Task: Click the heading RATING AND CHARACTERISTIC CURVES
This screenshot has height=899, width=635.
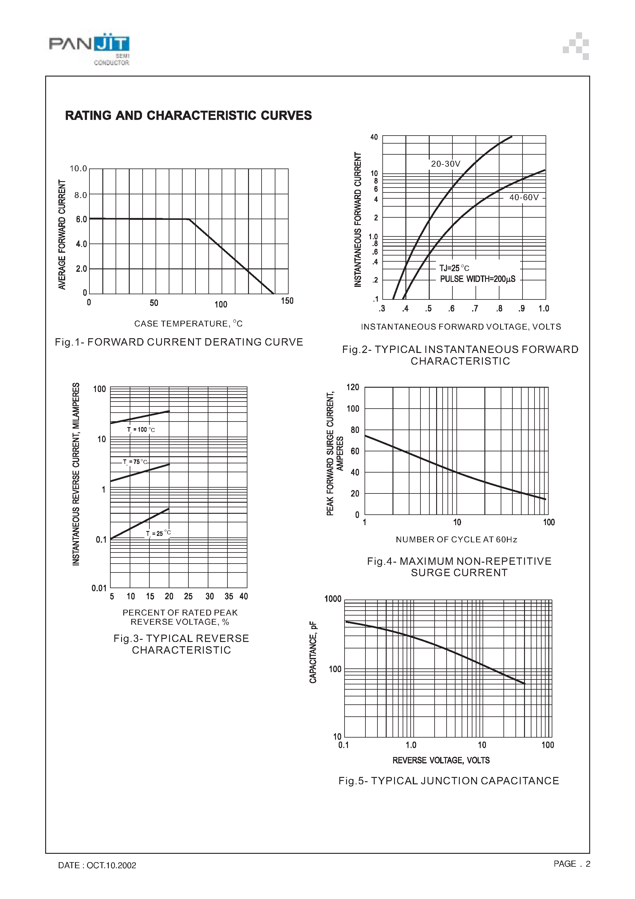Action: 188,116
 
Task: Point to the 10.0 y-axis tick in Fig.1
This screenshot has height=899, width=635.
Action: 78,169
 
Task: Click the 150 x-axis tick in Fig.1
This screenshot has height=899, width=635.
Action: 287,301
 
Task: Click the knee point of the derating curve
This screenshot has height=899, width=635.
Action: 189,219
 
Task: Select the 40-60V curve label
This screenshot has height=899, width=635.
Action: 524,197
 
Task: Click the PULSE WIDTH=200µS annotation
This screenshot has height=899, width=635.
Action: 478,279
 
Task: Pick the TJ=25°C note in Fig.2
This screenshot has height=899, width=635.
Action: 454,268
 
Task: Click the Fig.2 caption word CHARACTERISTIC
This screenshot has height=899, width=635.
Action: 460,361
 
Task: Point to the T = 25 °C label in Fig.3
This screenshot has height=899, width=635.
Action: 158,533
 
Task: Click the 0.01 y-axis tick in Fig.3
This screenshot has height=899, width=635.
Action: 99,588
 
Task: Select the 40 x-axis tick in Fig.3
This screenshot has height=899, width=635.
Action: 243,596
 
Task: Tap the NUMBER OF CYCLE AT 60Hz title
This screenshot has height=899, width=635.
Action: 456,540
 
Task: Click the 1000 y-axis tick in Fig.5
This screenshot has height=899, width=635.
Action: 333,599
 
